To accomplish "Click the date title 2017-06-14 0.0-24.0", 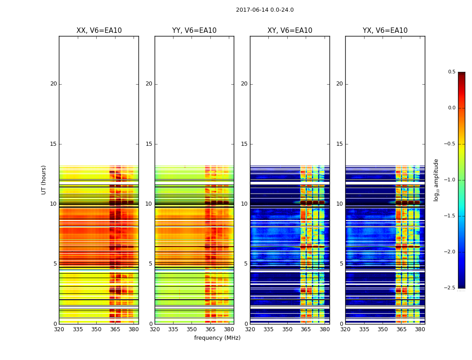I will (x=265, y=10).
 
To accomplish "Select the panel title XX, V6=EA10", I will (x=99, y=31).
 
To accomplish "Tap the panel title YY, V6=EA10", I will (x=194, y=31).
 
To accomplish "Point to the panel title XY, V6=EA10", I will (x=289, y=31).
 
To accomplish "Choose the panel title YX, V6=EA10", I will (x=385, y=31).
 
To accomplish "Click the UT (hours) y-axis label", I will (x=44, y=180).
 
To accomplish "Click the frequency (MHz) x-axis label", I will (x=217, y=338).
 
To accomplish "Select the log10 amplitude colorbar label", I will (x=436, y=180).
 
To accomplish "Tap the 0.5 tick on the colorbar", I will (x=451, y=72).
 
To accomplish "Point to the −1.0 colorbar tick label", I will (x=450, y=180).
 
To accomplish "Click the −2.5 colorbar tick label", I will (x=450, y=288).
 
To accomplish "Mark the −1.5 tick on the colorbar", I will (x=450, y=216).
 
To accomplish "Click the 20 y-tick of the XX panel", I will (x=53, y=84).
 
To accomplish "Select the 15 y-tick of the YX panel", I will (x=340, y=144).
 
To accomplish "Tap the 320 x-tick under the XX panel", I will (x=59, y=329).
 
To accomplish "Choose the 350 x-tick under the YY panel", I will (x=191, y=329).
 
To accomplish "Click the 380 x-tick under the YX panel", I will (x=420, y=329).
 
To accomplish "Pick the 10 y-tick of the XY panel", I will (x=245, y=204).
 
